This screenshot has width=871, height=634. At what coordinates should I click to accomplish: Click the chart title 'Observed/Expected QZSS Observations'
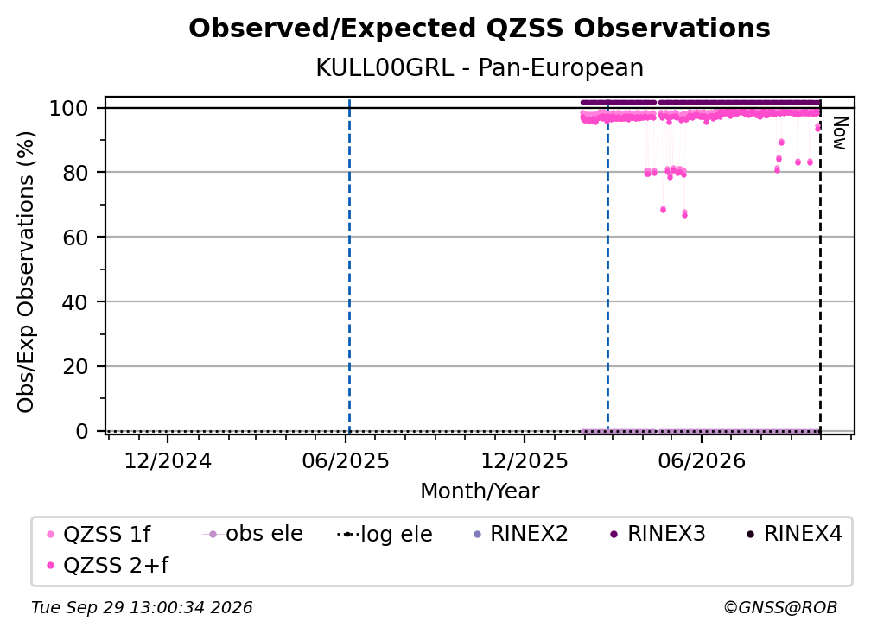(x=480, y=29)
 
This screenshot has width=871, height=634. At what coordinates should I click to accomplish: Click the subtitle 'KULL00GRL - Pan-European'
(x=480, y=68)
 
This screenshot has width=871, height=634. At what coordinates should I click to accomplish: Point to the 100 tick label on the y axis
(x=69, y=108)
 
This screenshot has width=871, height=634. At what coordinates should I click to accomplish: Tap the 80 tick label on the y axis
(x=75, y=173)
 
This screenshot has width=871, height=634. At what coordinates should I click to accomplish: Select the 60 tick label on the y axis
(x=75, y=238)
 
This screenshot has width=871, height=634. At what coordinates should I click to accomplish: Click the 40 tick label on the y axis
(x=75, y=302)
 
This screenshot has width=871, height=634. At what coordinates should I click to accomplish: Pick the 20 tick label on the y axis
(x=75, y=367)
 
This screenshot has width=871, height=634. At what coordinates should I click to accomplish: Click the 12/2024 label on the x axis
(x=168, y=461)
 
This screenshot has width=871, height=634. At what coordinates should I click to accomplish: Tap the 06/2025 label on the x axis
(x=346, y=461)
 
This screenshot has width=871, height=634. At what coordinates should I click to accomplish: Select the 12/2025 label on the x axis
(x=525, y=461)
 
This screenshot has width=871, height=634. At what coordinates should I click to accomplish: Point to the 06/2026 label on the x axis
(x=702, y=461)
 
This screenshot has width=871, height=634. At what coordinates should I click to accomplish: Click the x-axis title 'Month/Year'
(x=480, y=491)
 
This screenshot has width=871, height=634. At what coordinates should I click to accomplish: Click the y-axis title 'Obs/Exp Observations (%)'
(x=26, y=272)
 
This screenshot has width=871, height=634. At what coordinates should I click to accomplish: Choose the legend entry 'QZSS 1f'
(x=99, y=535)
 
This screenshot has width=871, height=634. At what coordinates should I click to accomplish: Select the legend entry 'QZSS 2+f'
(x=108, y=566)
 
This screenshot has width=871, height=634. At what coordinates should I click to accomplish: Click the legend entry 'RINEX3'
(x=658, y=534)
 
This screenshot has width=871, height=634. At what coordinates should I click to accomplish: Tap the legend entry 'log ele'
(x=385, y=535)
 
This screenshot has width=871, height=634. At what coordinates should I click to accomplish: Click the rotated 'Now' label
(x=840, y=133)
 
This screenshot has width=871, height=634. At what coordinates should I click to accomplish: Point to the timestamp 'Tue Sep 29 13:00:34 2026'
(x=142, y=608)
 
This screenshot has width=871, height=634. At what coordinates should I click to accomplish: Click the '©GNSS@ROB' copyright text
(x=780, y=608)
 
